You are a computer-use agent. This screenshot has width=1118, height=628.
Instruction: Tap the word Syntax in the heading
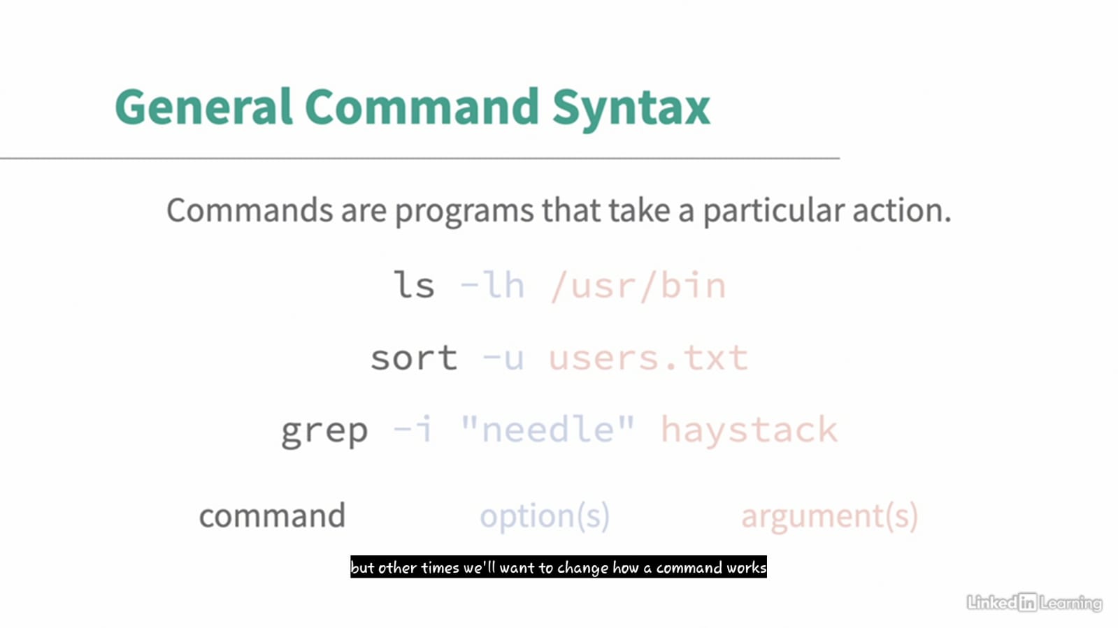pos(631,109)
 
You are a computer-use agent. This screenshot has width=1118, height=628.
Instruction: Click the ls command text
pos(414,285)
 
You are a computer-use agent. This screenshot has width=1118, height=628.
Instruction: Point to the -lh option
pos(492,285)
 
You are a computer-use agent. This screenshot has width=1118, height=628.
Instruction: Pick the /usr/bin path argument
pos(638,286)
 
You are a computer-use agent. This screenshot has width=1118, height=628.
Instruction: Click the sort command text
pos(414,358)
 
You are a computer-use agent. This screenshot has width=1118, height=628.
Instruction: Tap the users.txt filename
pos(648,358)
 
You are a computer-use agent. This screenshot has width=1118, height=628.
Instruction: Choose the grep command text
pos(324,432)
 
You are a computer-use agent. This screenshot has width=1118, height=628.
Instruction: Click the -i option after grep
pos(413,429)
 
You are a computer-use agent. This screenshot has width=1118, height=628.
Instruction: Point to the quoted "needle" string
pos(547,429)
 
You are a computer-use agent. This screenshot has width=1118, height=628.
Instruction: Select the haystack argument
pos(749,430)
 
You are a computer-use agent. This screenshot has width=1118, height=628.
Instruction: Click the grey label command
pos(272,516)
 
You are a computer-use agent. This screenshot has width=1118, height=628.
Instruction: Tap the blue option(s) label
pos(545,516)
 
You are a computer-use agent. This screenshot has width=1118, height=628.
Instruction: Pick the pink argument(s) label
pos(829,517)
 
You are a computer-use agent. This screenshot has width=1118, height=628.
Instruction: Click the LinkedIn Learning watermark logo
pos(1034,603)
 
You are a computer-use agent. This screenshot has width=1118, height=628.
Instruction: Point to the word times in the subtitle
pos(440,568)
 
